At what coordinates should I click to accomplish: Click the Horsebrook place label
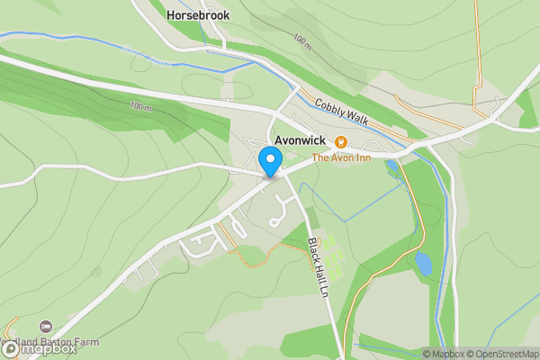198,15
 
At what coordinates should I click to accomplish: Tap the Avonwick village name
301,141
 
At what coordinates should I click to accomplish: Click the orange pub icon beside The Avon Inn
341,142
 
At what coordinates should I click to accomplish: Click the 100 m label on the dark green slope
141,106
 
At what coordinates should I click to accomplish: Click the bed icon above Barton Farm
46,326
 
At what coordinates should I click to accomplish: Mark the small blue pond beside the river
422,263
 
